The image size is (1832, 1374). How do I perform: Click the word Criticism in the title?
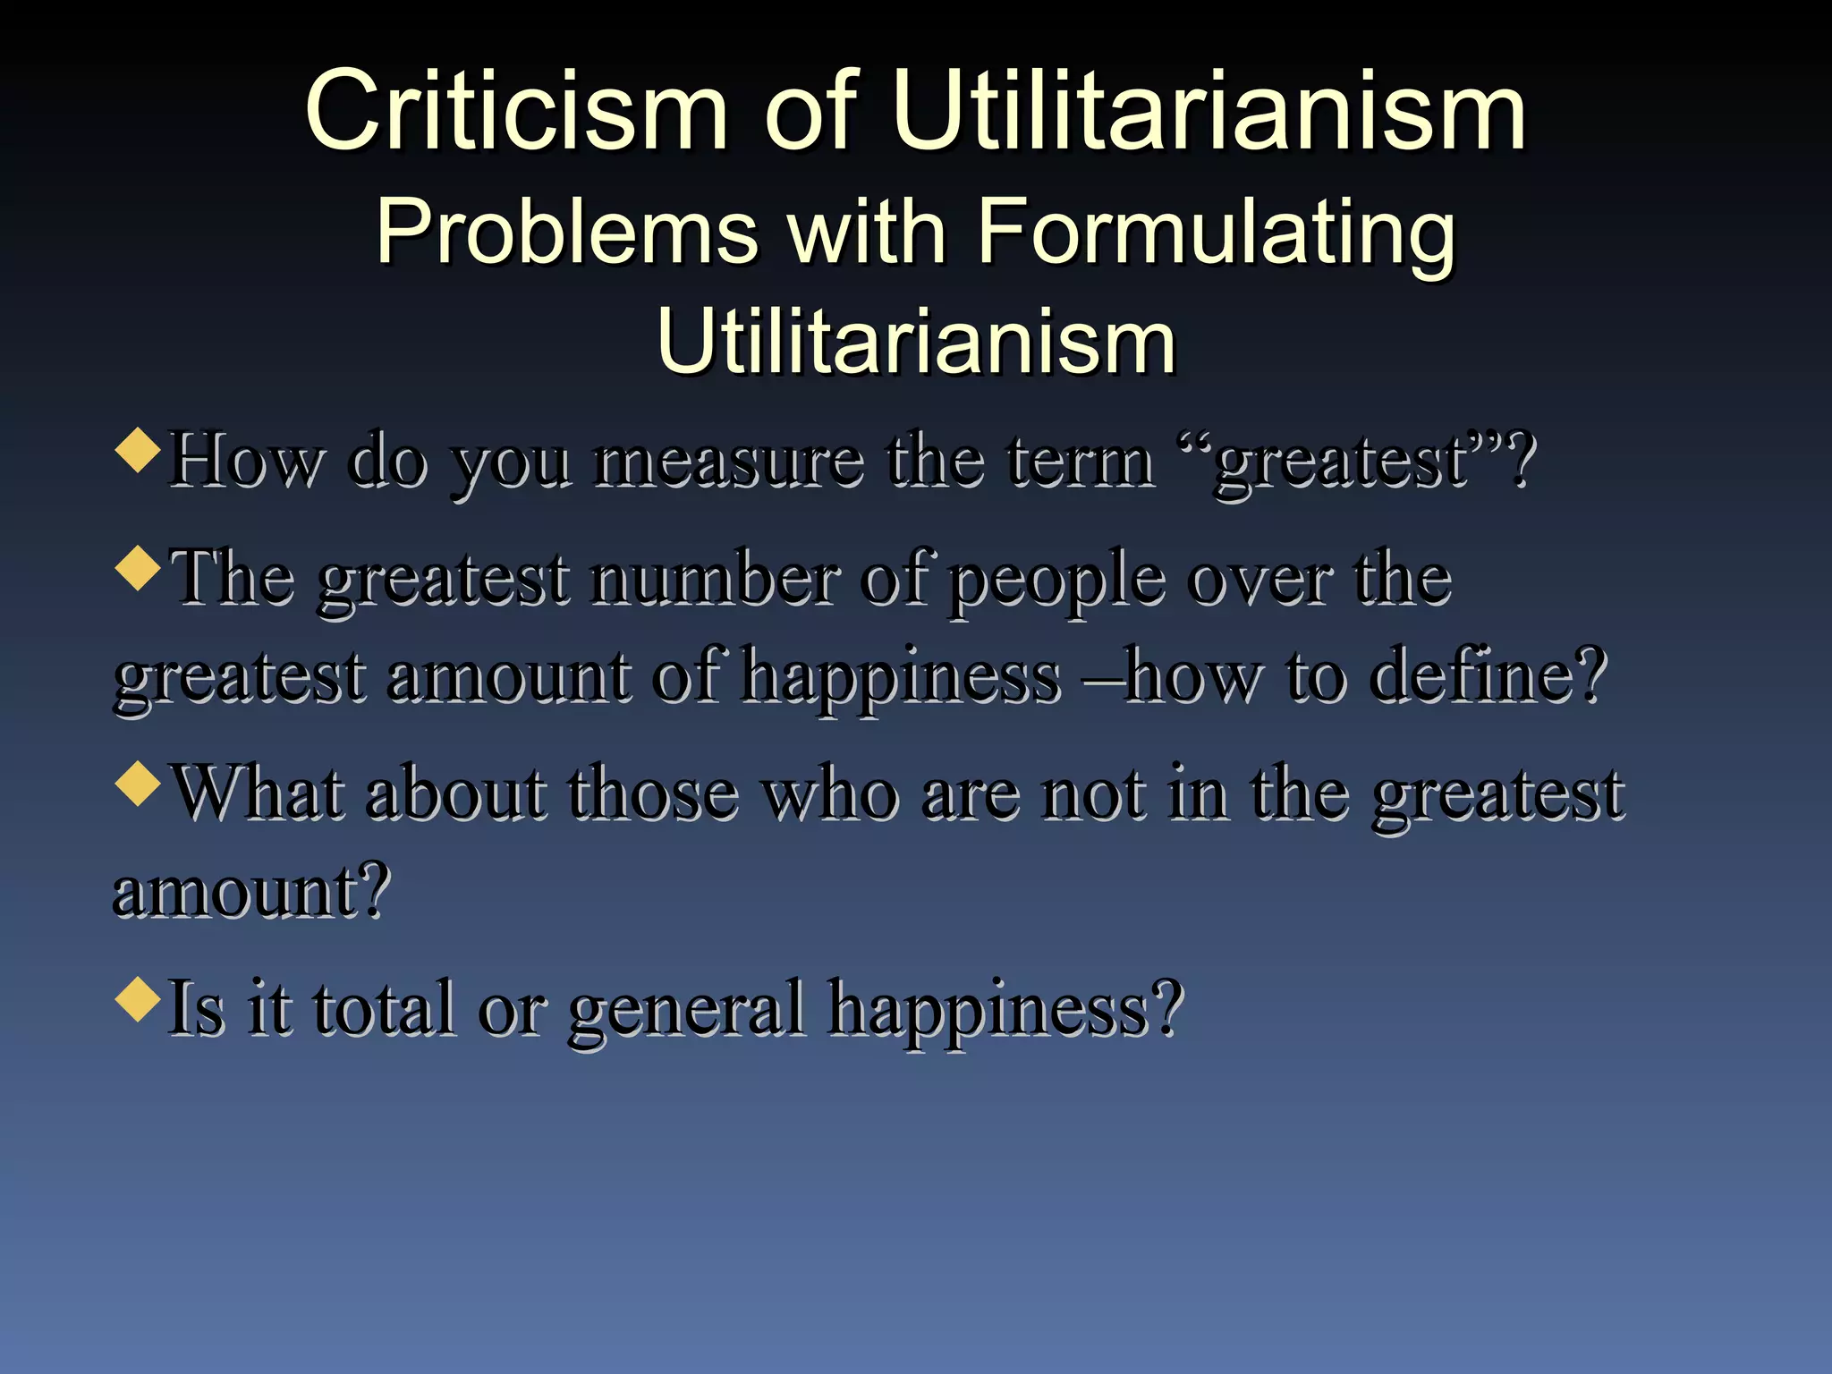(x=516, y=111)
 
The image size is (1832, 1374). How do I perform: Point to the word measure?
(x=729, y=462)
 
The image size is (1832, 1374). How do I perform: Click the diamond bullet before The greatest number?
(x=138, y=568)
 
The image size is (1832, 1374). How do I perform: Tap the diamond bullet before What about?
(x=138, y=783)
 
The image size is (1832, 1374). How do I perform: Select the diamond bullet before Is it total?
(x=138, y=998)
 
